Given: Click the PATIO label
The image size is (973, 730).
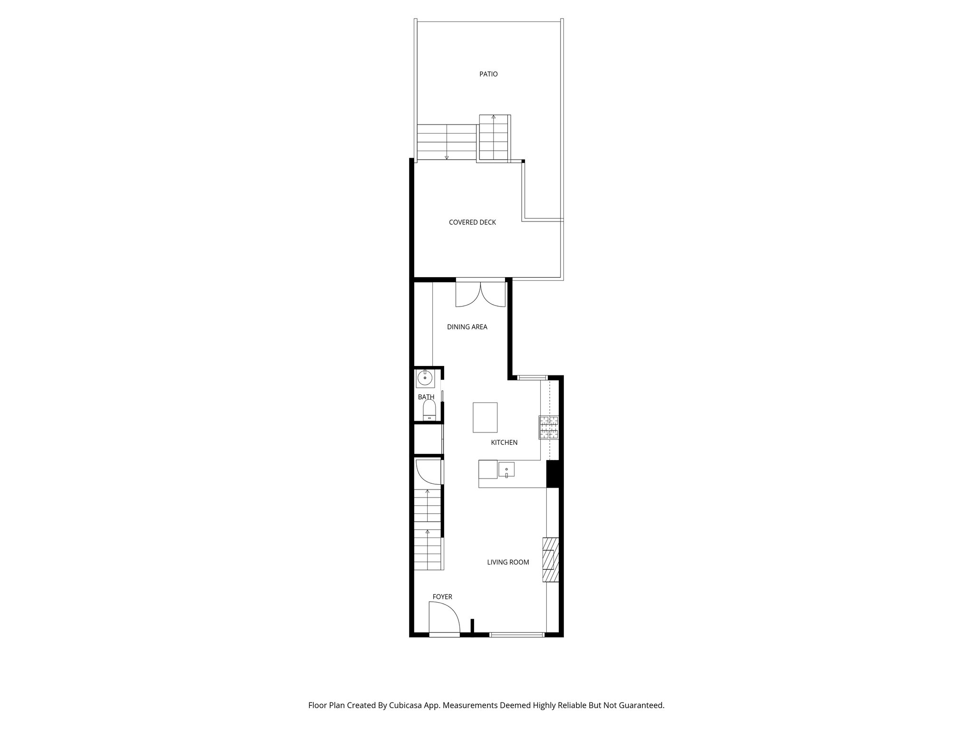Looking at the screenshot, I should [488, 74].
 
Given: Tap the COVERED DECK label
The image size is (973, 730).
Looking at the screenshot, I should [472, 222].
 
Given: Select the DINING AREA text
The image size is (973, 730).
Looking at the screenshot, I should [467, 327].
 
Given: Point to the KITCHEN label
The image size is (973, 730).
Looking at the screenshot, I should [504, 442].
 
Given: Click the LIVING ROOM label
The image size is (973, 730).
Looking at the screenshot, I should [508, 562].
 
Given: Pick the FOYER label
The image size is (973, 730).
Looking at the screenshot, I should [442, 597].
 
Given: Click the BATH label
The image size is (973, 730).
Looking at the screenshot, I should [426, 397].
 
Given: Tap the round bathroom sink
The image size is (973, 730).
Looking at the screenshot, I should [424, 378].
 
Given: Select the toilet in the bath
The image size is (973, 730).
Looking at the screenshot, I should [429, 410].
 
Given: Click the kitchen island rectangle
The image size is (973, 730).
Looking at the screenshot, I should [485, 417].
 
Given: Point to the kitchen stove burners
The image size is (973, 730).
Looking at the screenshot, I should [549, 427].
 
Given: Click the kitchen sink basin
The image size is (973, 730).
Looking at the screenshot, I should [506, 470].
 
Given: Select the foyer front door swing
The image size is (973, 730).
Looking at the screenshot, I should [443, 618].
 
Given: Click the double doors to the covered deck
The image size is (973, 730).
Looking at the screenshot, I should [481, 295].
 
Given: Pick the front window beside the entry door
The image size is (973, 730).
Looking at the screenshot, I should [517, 634].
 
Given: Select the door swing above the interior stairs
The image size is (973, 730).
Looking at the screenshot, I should [428, 472].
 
